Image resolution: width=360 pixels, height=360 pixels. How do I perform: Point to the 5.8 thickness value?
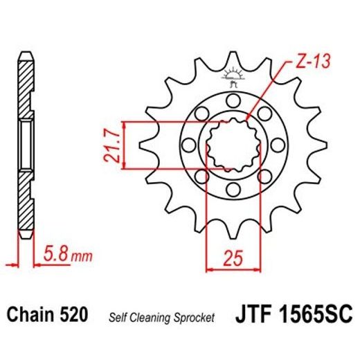tap(55, 257)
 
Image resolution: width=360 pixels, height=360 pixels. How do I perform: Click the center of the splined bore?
tap(233, 145)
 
